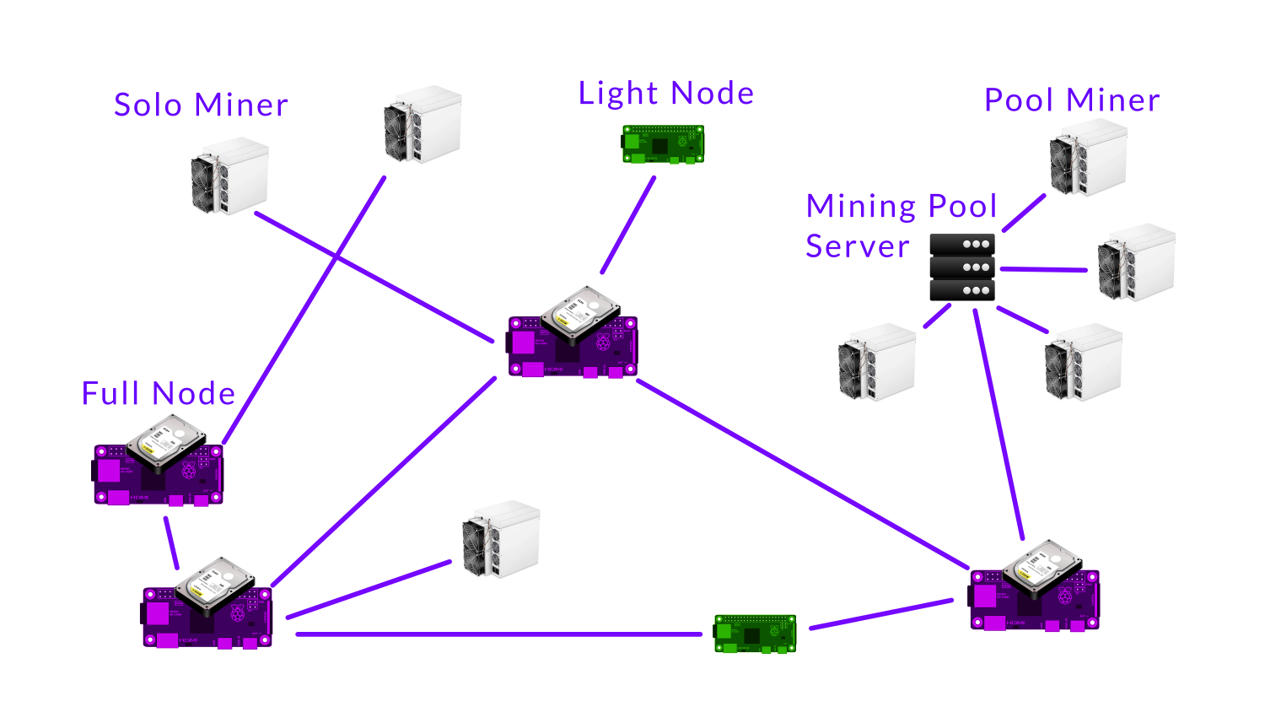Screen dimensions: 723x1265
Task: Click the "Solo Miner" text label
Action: (201, 105)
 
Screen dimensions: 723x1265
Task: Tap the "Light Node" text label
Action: (665, 94)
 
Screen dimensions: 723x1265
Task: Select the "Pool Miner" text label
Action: (1072, 100)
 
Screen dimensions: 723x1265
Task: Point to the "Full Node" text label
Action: (158, 394)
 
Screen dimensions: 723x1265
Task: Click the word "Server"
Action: (858, 246)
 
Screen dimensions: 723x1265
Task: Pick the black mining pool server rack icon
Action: (962, 267)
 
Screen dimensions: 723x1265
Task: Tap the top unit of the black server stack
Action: (962, 245)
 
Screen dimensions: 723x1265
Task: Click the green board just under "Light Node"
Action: (663, 144)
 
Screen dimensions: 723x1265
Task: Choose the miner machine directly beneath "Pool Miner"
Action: (1088, 157)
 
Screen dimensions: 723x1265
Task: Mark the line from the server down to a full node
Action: (999, 422)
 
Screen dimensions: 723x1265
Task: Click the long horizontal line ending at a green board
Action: (498, 634)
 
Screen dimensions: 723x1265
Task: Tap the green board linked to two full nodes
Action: (755, 634)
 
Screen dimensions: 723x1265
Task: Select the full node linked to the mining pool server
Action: (1034, 587)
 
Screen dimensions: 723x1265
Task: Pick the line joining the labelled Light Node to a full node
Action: (628, 224)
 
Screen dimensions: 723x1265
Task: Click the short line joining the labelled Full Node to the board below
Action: (171, 543)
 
